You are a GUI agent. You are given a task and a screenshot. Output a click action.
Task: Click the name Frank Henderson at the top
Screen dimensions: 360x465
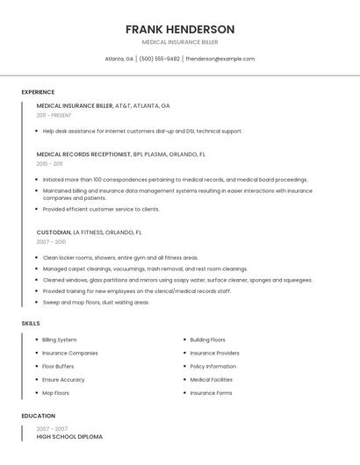tap(180, 29)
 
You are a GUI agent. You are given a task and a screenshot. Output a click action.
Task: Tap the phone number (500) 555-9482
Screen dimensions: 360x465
tap(160, 59)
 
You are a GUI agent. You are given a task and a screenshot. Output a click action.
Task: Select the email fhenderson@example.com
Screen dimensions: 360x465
tap(220, 59)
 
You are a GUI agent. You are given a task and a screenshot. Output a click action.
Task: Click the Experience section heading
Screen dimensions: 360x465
tap(38, 92)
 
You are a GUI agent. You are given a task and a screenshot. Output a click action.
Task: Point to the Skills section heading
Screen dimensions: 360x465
tap(31, 324)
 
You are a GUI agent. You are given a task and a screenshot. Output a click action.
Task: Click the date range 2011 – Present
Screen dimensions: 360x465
tap(54, 115)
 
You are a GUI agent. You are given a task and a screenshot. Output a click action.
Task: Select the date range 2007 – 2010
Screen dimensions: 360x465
tap(51, 242)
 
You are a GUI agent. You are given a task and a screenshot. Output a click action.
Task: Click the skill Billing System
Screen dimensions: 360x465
tap(60, 340)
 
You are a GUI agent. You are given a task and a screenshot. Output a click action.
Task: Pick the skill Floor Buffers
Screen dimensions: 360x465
tap(58, 366)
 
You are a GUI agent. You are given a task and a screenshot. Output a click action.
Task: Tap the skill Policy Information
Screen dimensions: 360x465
tap(213, 366)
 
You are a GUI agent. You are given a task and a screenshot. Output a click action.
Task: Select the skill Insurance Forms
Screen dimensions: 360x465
tap(212, 393)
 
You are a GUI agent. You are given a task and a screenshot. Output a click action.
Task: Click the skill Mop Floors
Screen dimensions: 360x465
tap(55, 393)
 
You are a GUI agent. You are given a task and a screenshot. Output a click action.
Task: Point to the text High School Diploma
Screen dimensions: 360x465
tap(69, 437)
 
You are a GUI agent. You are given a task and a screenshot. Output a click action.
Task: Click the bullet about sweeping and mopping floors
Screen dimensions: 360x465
tap(97, 302)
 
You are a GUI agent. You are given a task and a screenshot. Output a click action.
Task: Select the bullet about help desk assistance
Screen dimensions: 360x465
tap(142, 131)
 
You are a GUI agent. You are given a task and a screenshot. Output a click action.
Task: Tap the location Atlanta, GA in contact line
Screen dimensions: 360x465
tap(119, 59)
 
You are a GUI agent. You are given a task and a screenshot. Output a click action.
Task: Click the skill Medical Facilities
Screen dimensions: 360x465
tap(212, 380)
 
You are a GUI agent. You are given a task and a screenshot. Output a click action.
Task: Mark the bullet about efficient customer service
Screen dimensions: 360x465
tap(101, 210)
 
